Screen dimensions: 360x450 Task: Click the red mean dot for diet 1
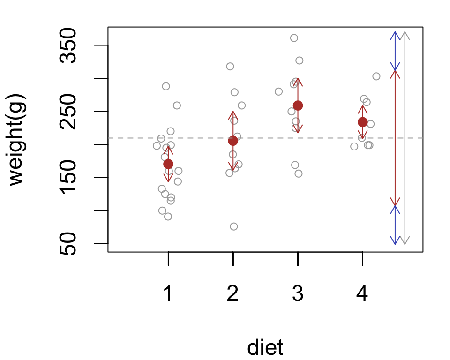point(168,164)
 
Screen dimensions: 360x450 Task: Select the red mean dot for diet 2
point(233,141)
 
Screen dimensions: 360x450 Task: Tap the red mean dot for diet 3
point(298,105)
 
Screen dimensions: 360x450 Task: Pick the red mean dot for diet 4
point(362,122)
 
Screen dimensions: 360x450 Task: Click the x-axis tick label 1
point(168,294)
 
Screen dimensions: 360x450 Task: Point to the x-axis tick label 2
point(233,294)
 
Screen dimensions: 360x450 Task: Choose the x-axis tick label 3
point(298,294)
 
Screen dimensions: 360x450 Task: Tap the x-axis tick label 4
point(362,294)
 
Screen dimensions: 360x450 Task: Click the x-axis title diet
point(265,347)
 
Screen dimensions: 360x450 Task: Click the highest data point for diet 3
point(294,38)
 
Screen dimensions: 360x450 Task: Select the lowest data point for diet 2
point(234,226)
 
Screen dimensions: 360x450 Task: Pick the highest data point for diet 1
point(166,86)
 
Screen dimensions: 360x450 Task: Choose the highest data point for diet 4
point(376,76)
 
